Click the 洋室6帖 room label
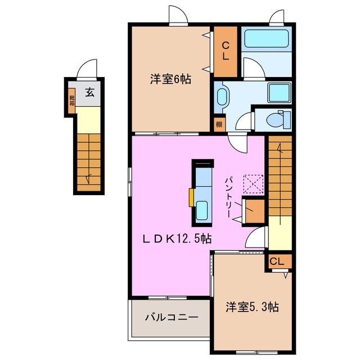(x=170, y=79)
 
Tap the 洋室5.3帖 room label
(x=253, y=307)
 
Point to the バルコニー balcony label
(x=171, y=318)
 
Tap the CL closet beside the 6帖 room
(x=225, y=51)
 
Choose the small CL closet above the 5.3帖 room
(x=279, y=262)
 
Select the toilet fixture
(x=278, y=119)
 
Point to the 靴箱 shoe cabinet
(x=72, y=101)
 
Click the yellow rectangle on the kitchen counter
(x=192, y=197)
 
